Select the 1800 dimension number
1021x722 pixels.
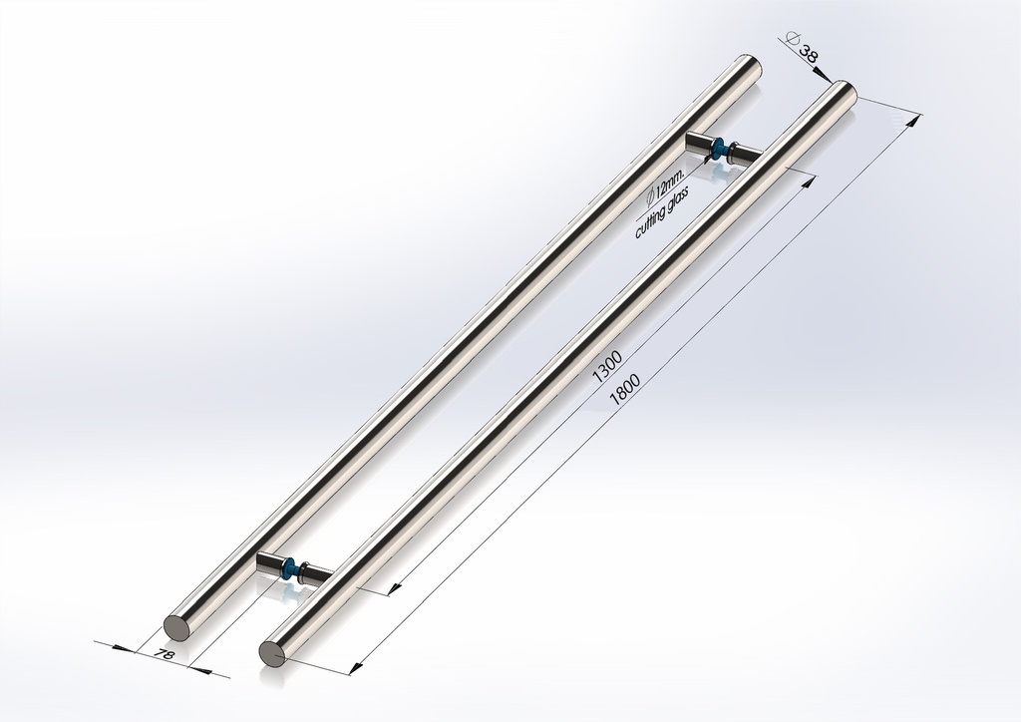tap(624, 387)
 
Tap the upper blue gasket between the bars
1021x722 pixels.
tap(718, 150)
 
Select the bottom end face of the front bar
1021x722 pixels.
tap(272, 653)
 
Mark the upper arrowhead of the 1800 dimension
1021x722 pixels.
tap(908, 122)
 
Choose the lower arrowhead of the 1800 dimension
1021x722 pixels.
tap(356, 661)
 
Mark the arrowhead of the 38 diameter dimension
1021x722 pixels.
tap(824, 73)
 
